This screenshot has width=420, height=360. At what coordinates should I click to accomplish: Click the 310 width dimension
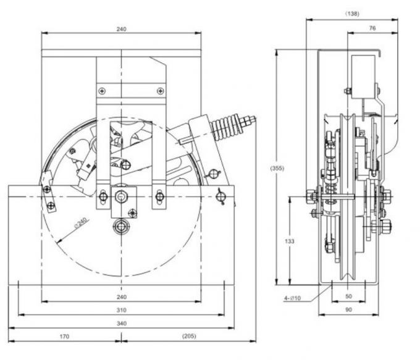click(121, 309)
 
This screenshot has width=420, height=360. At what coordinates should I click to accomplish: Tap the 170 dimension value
click(64, 337)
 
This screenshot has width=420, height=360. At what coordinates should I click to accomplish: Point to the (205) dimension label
click(189, 337)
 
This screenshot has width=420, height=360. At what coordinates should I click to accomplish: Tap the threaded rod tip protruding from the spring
click(251, 119)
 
